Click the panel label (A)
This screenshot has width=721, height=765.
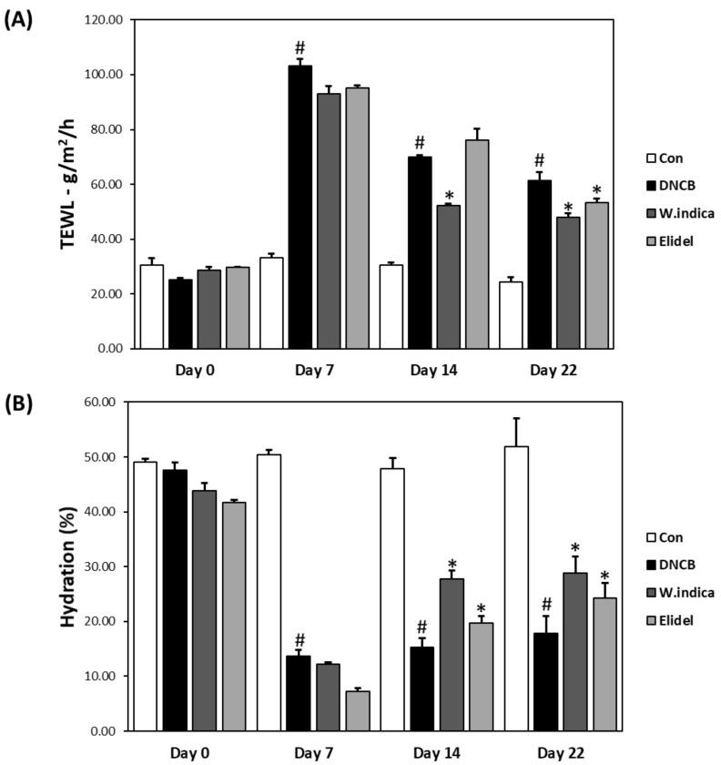[x=20, y=20]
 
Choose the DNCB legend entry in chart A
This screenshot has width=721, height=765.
[x=669, y=186]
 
